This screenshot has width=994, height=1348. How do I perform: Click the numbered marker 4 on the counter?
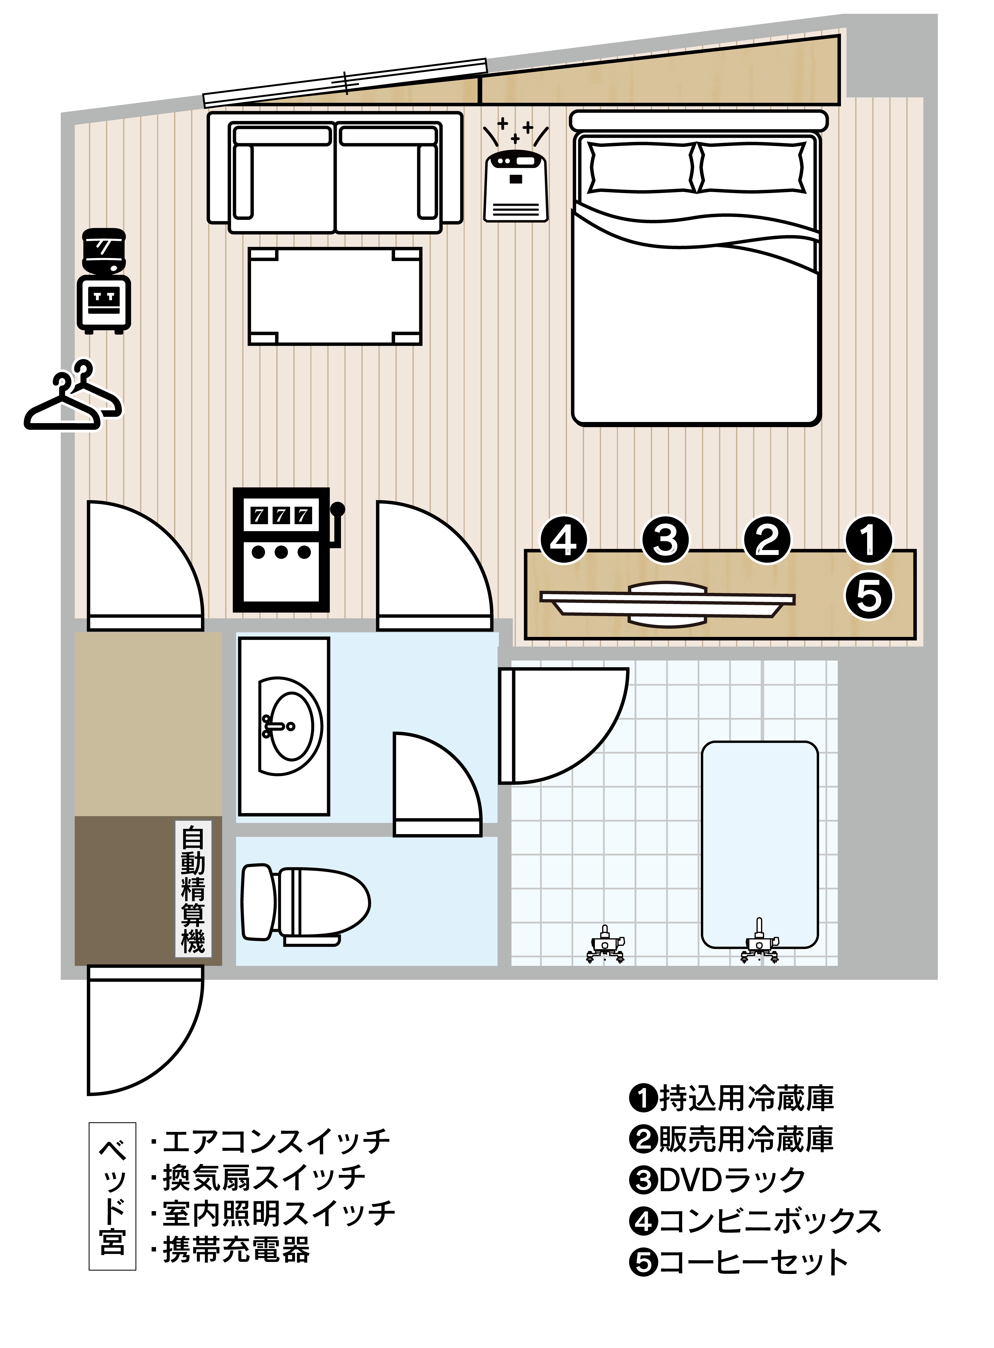pyautogui.click(x=564, y=540)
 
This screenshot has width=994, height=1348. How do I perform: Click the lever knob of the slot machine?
pyautogui.click(x=338, y=509)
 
